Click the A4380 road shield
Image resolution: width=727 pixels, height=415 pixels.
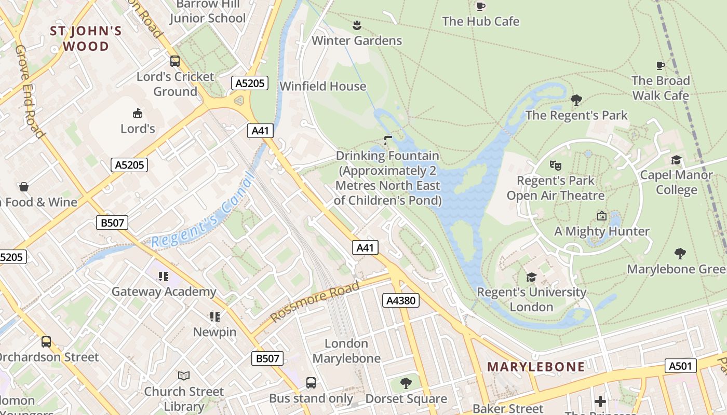[x=400, y=300]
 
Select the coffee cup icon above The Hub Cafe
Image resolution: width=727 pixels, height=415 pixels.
[x=481, y=6]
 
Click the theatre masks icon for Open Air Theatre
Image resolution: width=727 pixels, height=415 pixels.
[x=556, y=165]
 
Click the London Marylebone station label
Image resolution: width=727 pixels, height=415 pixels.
[x=346, y=351]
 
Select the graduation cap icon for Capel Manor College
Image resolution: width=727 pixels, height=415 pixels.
[x=676, y=160]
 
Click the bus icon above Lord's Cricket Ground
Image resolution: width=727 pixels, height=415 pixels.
[x=175, y=61]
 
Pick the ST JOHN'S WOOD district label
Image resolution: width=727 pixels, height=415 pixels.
[x=86, y=38]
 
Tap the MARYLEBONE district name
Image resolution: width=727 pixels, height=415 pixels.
[x=536, y=367]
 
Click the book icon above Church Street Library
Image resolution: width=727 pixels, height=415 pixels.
[x=184, y=376]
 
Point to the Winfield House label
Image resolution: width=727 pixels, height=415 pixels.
[x=322, y=86]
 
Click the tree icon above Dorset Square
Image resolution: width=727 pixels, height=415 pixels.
[x=406, y=383]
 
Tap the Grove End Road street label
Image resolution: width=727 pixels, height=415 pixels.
[x=29, y=91]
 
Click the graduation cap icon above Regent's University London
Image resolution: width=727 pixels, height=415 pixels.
[x=531, y=277]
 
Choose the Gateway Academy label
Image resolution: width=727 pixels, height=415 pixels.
[x=164, y=292]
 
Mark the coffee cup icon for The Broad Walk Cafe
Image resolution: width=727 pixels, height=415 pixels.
[x=660, y=65]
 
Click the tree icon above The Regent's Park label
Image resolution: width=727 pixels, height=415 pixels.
[x=576, y=100]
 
